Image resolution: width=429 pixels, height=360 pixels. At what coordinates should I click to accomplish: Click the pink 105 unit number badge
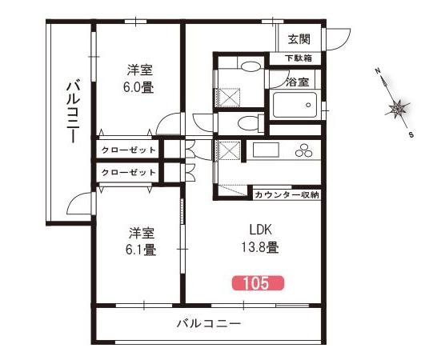click(259, 283)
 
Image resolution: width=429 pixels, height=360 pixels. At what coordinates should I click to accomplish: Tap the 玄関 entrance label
click(299, 39)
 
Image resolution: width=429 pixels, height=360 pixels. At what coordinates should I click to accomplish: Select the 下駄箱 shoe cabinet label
click(299, 58)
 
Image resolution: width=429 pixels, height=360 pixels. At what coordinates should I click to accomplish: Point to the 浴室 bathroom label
click(297, 82)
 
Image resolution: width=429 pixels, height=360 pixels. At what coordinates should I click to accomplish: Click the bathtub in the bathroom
click(295, 105)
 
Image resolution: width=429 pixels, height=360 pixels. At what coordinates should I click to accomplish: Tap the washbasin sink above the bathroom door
click(250, 66)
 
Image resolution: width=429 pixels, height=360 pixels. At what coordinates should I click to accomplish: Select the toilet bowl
click(248, 123)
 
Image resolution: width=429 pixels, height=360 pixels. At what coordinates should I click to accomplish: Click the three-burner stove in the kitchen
click(303, 150)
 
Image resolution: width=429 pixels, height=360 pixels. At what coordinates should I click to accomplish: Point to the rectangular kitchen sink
click(266, 150)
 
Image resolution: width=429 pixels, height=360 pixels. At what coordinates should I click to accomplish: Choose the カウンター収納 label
click(287, 195)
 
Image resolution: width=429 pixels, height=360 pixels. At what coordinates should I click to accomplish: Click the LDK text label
click(260, 230)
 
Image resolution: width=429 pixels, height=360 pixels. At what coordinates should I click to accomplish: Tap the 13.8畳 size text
click(259, 247)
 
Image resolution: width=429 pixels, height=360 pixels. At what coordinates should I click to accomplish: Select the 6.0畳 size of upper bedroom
click(138, 87)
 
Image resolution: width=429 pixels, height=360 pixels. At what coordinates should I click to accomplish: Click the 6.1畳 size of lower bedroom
click(141, 250)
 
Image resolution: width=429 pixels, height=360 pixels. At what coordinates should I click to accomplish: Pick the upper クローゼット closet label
click(128, 150)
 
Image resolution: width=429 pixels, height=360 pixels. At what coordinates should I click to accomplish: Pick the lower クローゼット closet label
click(128, 172)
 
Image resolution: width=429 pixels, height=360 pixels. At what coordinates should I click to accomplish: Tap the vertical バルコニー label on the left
click(74, 110)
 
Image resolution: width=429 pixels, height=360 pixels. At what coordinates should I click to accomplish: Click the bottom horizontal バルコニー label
click(209, 324)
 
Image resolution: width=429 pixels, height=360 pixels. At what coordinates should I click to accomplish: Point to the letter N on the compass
click(378, 71)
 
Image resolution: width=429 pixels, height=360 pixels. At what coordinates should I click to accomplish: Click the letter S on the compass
click(411, 134)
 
